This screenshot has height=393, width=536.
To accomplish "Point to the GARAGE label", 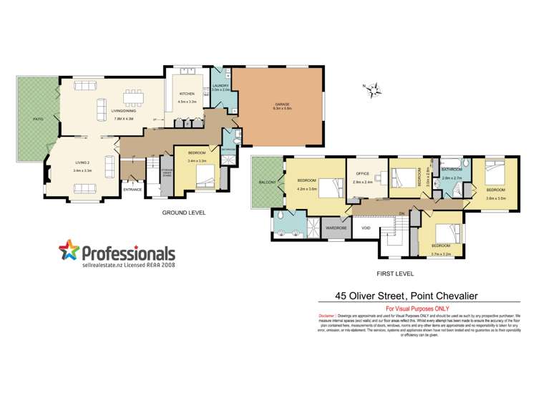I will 281,105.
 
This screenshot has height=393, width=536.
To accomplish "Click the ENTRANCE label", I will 132,189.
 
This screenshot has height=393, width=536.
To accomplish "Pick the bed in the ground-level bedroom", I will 204,181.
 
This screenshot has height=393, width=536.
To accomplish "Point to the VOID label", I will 366,228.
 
